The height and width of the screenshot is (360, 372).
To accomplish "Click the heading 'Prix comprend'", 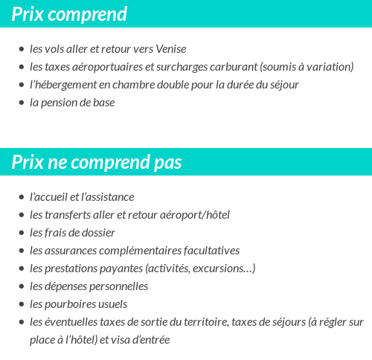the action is pos(69,14).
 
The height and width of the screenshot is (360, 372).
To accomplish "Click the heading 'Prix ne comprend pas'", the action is pos(97,162).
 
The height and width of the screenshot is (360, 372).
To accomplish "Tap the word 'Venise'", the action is pos(171,49).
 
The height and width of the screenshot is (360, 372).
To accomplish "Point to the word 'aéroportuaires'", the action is pos(108,67).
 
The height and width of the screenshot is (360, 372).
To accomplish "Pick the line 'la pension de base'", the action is pos(72,103).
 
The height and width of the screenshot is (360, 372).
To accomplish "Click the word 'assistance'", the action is pos(109,197).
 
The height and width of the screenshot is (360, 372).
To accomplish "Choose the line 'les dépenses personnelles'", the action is pos(89,286).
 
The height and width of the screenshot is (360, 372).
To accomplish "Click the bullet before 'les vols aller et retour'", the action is pos(21,49).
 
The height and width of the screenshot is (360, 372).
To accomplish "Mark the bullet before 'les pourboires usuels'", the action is pos(21,304).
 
